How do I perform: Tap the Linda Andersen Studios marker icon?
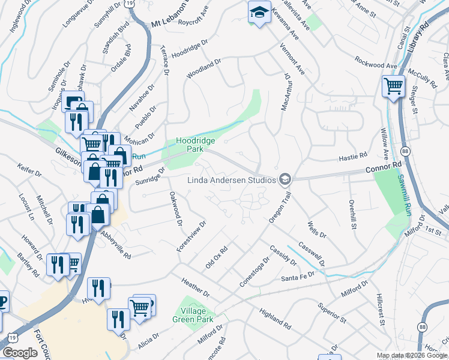click(x=285, y=179)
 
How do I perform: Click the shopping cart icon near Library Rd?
click(x=393, y=86)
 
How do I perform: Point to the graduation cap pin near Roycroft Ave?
click(x=259, y=12)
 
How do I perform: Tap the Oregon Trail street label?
click(x=280, y=208)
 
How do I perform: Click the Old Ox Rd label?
click(x=217, y=257)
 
